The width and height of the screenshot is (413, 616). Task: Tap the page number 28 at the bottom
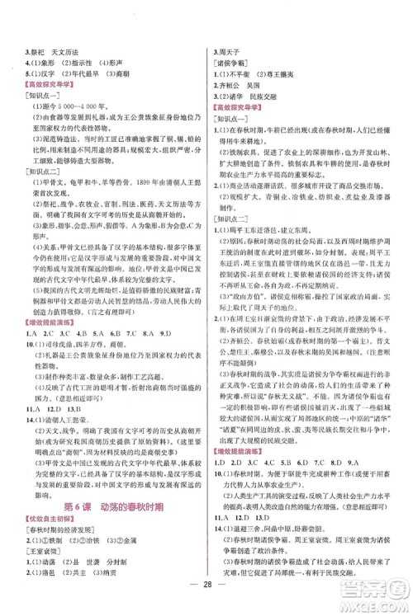coord(207,595)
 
